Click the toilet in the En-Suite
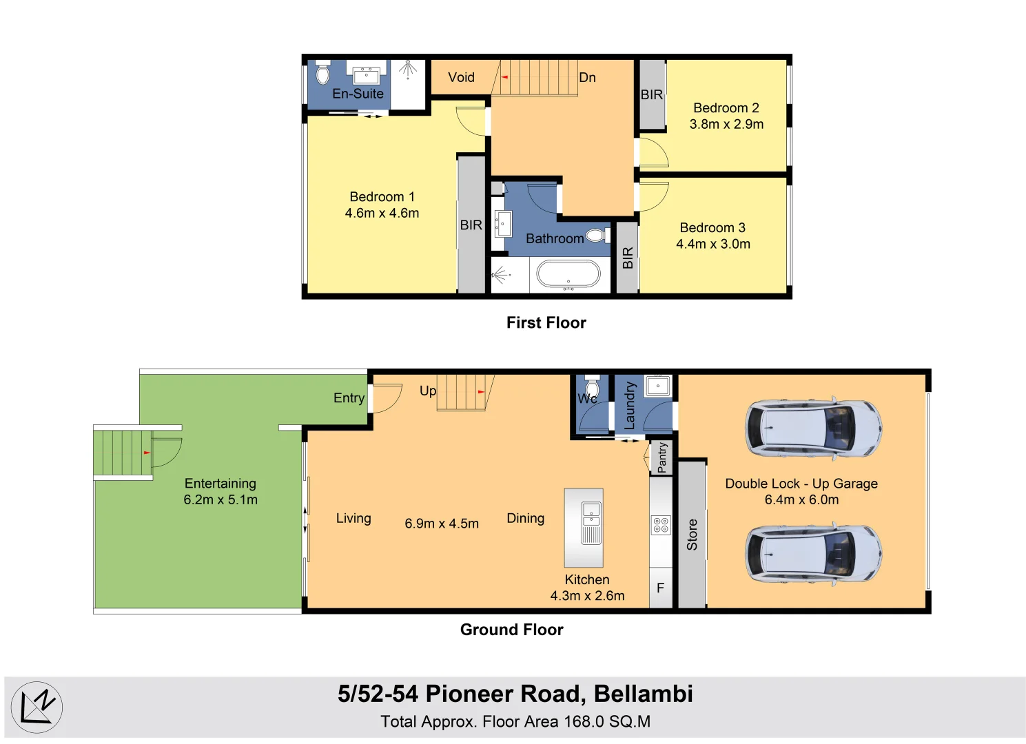pyautogui.click(x=322, y=74)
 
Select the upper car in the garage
pyautogui.click(x=813, y=428)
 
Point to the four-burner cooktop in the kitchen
pyautogui.click(x=661, y=525)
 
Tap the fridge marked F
pyautogui.click(x=660, y=588)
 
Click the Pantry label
pyautogui.click(x=662, y=457)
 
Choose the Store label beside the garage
pyautogui.click(x=692, y=535)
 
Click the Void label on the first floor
pyautogui.click(x=461, y=77)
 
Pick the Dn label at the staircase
pyautogui.click(x=587, y=77)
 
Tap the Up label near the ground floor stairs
pyautogui.click(x=428, y=391)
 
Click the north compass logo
pyautogui.click(x=37, y=707)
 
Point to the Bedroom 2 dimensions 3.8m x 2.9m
pyautogui.click(x=726, y=124)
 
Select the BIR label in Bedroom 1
pyautogui.click(x=471, y=225)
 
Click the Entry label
pyautogui.click(x=349, y=397)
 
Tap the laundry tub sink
pyautogui.click(x=658, y=386)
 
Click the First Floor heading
pyautogui.click(x=546, y=322)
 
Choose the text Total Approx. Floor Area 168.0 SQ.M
pyautogui.click(x=515, y=721)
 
